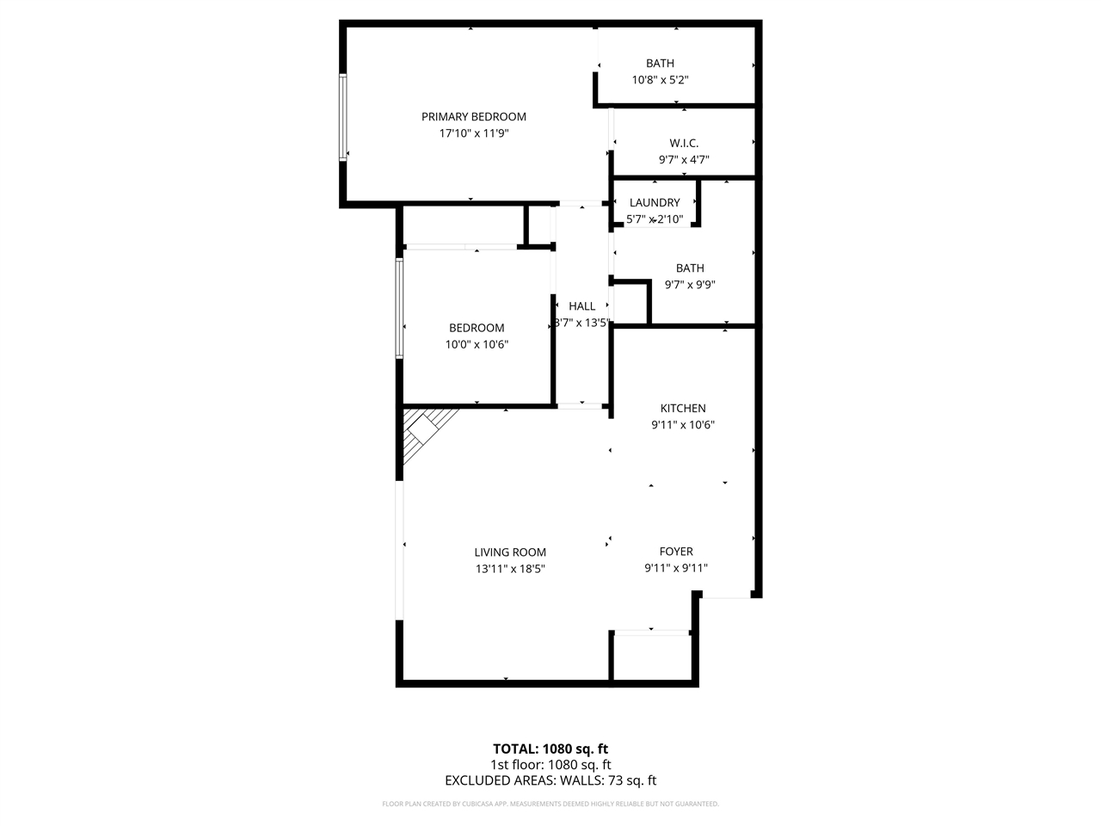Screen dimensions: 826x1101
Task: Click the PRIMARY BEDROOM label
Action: pos(473,117)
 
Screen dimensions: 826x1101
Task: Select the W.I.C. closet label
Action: pos(684,143)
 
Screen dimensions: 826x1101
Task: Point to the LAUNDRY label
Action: pos(655,203)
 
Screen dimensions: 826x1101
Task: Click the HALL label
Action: pos(582,306)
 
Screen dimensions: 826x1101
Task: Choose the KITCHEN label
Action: pos(683,409)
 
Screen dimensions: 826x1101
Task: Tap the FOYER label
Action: pos(676,552)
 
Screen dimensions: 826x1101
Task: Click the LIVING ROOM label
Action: pos(510,552)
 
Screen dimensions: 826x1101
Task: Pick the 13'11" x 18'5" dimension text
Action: pos(510,569)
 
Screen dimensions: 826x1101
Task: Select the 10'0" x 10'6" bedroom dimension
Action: pos(477,344)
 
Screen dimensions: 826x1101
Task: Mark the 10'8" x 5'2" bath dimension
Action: pos(660,79)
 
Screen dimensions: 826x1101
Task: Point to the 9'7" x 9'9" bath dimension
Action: pos(690,285)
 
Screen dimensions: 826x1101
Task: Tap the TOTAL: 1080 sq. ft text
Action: pos(550,749)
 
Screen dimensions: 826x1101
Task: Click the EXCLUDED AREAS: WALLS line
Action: pos(550,781)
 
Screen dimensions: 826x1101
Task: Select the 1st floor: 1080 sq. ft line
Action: pos(550,765)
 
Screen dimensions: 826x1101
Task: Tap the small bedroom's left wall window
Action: pos(400,307)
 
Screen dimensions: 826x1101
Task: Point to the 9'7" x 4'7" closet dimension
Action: pos(684,159)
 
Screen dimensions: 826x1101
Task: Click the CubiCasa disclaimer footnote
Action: pos(550,804)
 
